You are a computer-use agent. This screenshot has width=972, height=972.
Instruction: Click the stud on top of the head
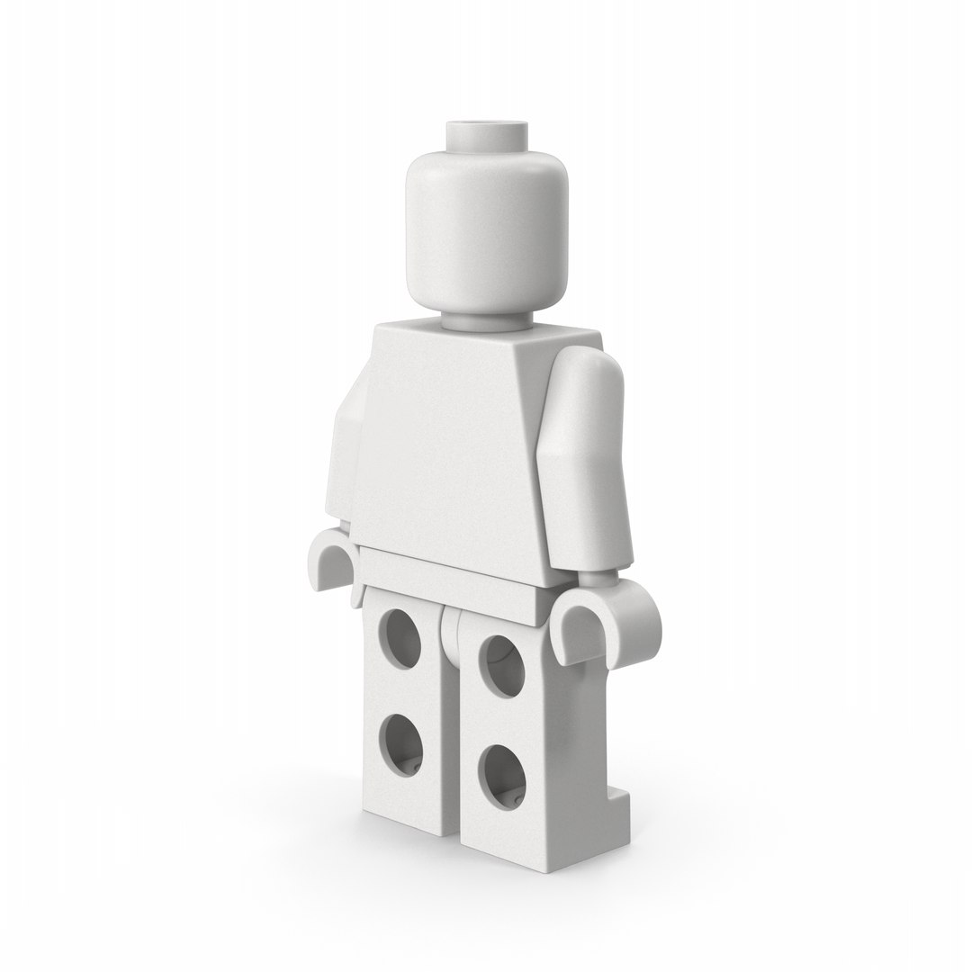pyautogui.click(x=485, y=135)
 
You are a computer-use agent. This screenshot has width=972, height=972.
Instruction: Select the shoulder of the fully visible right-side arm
pyautogui.click(x=585, y=369)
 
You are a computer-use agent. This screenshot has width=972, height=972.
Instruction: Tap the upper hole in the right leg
pyautogui.click(x=504, y=666)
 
